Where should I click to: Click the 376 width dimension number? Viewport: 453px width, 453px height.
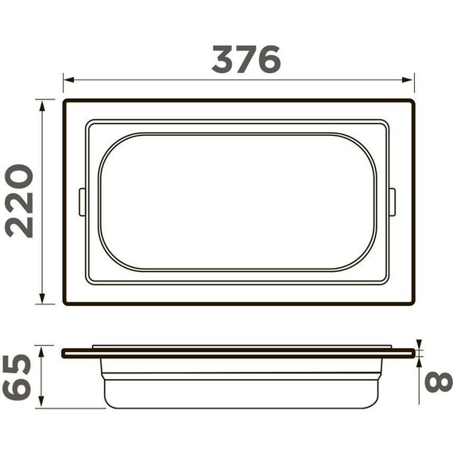(246, 60)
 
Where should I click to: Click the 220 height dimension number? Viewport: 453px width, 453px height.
(20, 200)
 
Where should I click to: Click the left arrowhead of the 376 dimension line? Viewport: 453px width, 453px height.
(68, 80)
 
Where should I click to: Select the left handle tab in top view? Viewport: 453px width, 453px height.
(82, 202)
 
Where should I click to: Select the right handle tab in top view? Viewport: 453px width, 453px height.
(392, 202)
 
